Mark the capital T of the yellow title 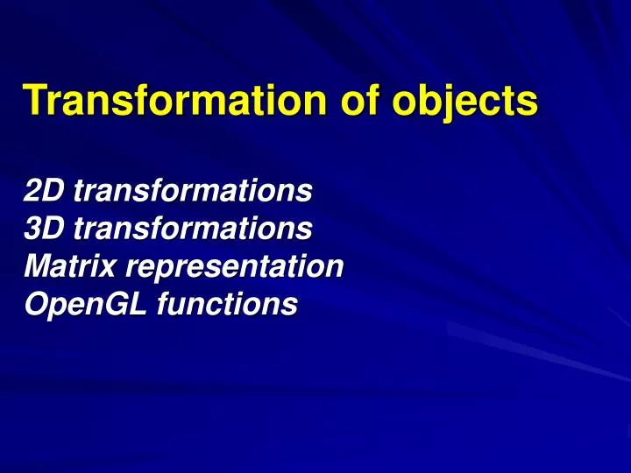(x=34, y=101)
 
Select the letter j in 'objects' (x=449, y=103)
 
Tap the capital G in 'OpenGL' (x=108, y=305)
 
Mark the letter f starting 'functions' (x=166, y=305)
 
